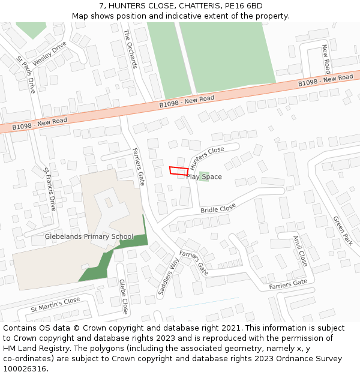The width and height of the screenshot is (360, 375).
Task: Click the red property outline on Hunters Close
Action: (x=178, y=170)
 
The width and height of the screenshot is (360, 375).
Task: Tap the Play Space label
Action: (x=204, y=177)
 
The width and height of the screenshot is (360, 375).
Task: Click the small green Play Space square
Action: (x=204, y=175)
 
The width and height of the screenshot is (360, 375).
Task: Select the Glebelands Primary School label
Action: (x=89, y=236)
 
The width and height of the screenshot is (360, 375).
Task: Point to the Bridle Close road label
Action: (x=218, y=209)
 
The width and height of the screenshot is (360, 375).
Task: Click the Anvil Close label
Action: (x=299, y=251)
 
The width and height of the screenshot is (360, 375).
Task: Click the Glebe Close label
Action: (x=123, y=296)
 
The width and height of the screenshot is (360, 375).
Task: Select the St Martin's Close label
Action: (x=56, y=304)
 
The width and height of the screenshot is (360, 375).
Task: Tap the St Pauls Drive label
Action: (x=26, y=74)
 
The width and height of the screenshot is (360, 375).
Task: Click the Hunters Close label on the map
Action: (x=207, y=157)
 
